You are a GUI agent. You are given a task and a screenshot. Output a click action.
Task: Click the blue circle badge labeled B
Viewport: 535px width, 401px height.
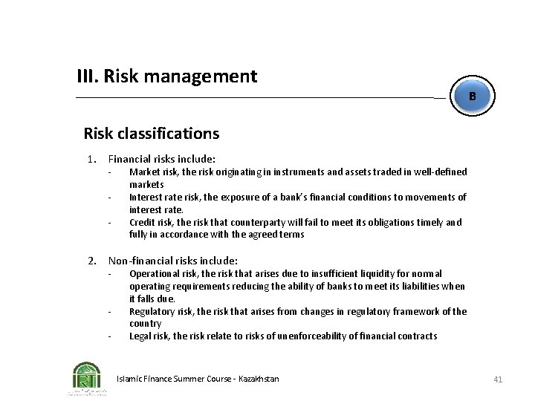pyautogui.click(x=472, y=97)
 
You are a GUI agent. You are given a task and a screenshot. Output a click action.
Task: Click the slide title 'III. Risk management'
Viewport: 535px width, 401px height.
pyautogui.click(x=167, y=76)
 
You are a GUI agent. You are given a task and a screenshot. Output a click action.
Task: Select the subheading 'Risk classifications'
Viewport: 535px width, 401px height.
pyautogui.click(x=152, y=134)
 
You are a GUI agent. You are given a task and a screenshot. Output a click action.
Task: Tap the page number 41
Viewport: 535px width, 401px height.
pyautogui.click(x=498, y=379)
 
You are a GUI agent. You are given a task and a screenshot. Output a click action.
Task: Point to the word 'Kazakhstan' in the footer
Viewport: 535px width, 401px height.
pyautogui.click(x=259, y=379)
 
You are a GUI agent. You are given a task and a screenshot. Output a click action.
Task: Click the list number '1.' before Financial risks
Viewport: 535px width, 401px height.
pyautogui.click(x=92, y=159)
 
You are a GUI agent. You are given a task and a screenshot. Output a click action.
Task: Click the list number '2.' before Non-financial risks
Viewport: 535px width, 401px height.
pyautogui.click(x=92, y=261)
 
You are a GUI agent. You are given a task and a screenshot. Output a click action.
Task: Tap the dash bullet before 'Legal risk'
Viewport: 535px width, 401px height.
pyautogui.click(x=108, y=336)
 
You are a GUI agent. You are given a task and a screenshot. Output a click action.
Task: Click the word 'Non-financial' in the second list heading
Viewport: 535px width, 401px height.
pyautogui.click(x=137, y=261)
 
